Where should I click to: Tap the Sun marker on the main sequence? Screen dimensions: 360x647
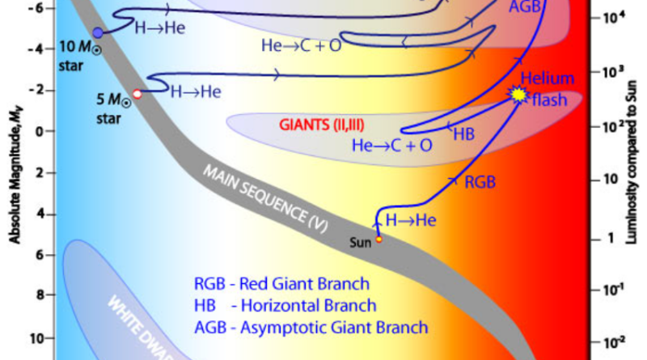(378, 239)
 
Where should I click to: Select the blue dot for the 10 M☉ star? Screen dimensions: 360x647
(98, 32)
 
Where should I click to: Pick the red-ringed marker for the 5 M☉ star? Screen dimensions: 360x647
(137, 94)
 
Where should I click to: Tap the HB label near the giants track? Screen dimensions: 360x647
(463, 133)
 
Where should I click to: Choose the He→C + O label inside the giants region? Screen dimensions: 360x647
(392, 146)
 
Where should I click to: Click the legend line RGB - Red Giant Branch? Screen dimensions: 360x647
(281, 284)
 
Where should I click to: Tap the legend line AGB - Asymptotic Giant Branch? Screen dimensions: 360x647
(311, 328)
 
